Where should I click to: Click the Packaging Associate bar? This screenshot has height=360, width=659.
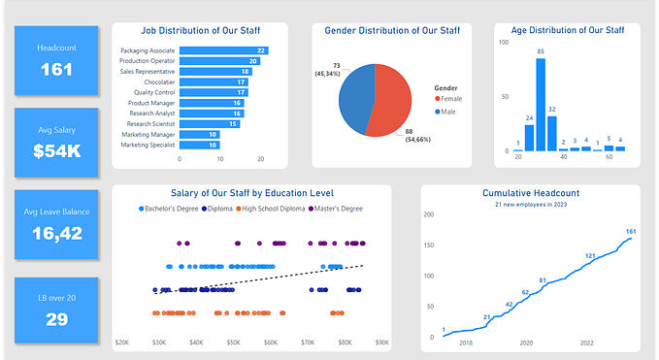click(x=223, y=50)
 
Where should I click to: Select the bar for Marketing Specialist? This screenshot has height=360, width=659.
click(x=199, y=145)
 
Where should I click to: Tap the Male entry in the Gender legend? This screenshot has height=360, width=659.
click(x=447, y=112)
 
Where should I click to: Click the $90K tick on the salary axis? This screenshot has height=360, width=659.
click(x=381, y=342)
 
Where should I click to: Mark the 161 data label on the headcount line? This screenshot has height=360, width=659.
click(x=630, y=231)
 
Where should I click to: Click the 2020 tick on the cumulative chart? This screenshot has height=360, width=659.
click(x=526, y=343)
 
